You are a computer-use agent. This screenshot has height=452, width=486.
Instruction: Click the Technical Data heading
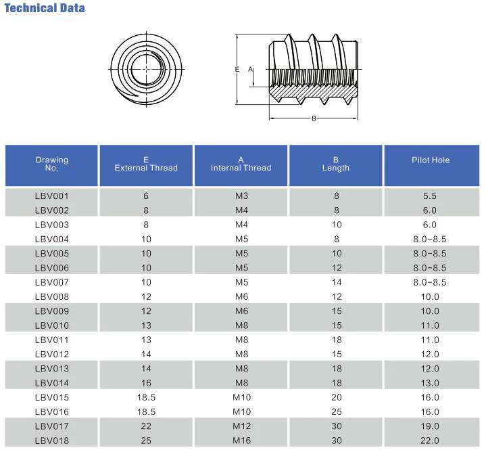click(45, 9)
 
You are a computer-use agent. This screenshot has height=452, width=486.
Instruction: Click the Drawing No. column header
click(52, 164)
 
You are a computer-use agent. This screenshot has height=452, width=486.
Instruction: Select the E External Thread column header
click(146, 164)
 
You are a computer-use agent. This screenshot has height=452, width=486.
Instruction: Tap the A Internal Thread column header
click(241, 164)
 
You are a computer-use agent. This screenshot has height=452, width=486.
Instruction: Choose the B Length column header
click(336, 164)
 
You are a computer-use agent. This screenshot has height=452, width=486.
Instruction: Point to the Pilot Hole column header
click(431, 160)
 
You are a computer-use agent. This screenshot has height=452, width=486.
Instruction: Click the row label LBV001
click(52, 196)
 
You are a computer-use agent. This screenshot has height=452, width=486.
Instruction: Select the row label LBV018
click(52, 441)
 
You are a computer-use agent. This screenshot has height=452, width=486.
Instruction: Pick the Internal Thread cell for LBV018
click(241, 441)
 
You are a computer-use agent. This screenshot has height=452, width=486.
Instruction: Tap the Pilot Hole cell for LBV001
click(431, 196)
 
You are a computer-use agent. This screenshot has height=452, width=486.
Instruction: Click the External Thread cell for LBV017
click(146, 426)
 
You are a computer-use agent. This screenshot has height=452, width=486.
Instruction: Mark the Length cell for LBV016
click(336, 412)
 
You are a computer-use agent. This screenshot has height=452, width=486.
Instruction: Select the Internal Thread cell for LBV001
click(241, 196)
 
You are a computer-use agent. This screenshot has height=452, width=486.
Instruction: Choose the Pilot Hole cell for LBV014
click(431, 383)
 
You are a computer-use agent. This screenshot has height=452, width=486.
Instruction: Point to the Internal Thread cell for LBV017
click(241, 426)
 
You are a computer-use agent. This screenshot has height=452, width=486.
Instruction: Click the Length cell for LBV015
click(336, 398)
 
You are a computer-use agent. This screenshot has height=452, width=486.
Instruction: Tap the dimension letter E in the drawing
click(237, 69)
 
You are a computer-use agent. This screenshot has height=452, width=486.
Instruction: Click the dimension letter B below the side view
click(314, 119)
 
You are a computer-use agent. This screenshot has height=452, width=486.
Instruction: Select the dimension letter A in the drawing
click(250, 69)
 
